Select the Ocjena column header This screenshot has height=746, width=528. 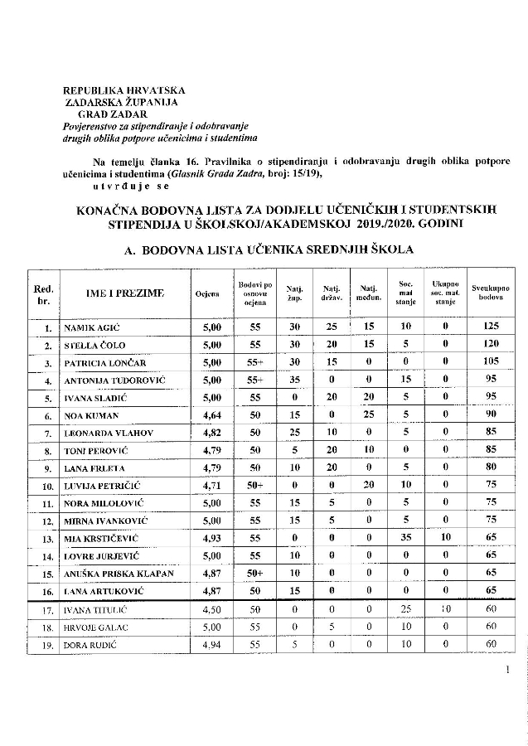click(x=206, y=293)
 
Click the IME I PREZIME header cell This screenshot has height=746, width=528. click(x=124, y=293)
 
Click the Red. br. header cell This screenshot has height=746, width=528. click(x=46, y=293)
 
